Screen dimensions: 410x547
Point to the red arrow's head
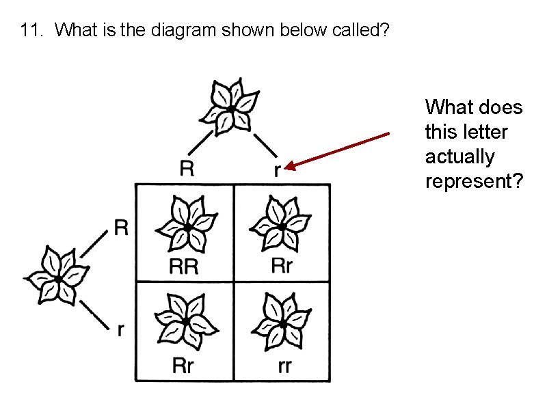289,166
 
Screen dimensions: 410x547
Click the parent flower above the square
232,108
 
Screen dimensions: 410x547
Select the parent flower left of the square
59,277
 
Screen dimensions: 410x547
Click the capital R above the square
186,168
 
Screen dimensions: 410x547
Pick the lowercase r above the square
276,171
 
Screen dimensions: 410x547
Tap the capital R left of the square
121,228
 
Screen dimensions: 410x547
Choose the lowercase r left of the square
121,330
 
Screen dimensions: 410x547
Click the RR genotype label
184,266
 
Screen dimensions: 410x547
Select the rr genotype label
285,367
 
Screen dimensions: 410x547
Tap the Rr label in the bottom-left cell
183,366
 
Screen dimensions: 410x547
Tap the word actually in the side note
459,156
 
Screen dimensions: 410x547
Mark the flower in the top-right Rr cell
281,225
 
